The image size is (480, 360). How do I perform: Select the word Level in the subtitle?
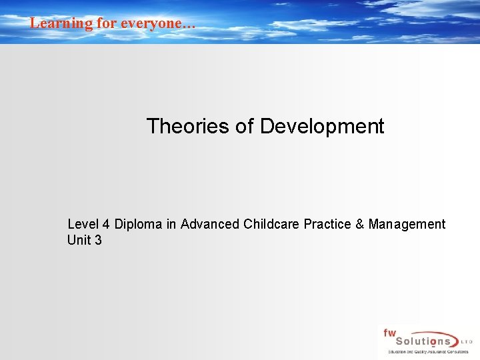[x=83, y=224]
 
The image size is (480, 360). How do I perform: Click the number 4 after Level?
[x=106, y=224]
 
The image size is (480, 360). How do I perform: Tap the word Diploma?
[x=138, y=224]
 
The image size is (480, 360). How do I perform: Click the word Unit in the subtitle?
[x=79, y=240]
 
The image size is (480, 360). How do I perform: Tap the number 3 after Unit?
[x=98, y=240]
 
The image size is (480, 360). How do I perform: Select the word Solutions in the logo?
[x=419, y=341]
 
